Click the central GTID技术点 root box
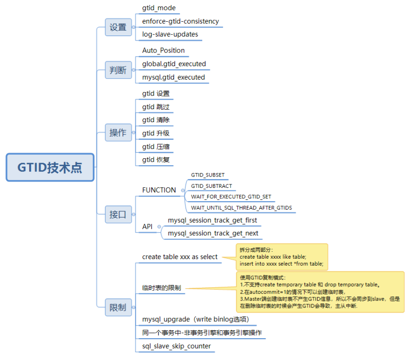pyautogui.click(x=50, y=168)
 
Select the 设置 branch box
pyautogui.click(x=118, y=27)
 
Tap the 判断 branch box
pyautogui.click(x=118, y=70)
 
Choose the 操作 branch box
pyautogui.click(x=118, y=133)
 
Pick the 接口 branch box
pyautogui.click(x=118, y=215)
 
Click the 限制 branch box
pyautogui.click(x=118, y=308)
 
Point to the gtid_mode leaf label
pyautogui.click(x=159, y=8)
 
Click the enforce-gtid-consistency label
pyautogui.click(x=181, y=21)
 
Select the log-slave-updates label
pyautogui.click(x=170, y=34)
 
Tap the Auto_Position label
pyautogui.click(x=163, y=50)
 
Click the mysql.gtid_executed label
pyautogui.click(x=174, y=77)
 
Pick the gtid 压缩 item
pyautogui.click(x=156, y=147)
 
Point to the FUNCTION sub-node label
pyautogui.click(x=159, y=190)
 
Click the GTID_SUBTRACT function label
pyautogui.click(x=212, y=186)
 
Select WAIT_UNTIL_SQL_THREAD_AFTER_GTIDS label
pyautogui.click(x=241, y=208)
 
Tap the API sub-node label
pyautogui.click(x=147, y=226)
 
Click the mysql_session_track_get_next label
pyautogui.click(x=213, y=233)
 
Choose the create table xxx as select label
pyautogui.click(x=180, y=257)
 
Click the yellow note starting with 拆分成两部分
pyautogui.click(x=282, y=257)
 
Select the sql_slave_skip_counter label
pyautogui.click(x=177, y=346)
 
